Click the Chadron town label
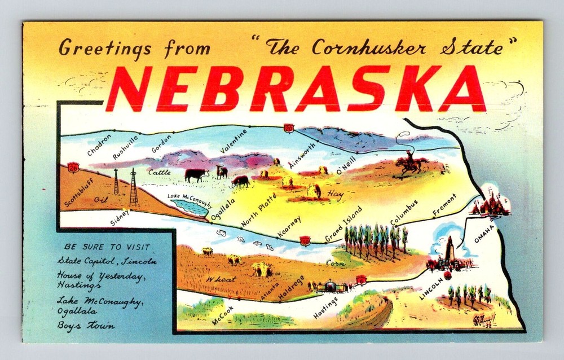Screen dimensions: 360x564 point(100,144)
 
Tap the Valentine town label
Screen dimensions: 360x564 point(234,141)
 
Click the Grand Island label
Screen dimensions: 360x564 point(343,224)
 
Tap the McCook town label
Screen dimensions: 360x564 point(223,314)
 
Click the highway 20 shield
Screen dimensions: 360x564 point(289,128)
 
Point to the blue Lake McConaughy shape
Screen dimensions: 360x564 point(190,207)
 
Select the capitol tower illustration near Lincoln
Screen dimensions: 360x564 point(450,252)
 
